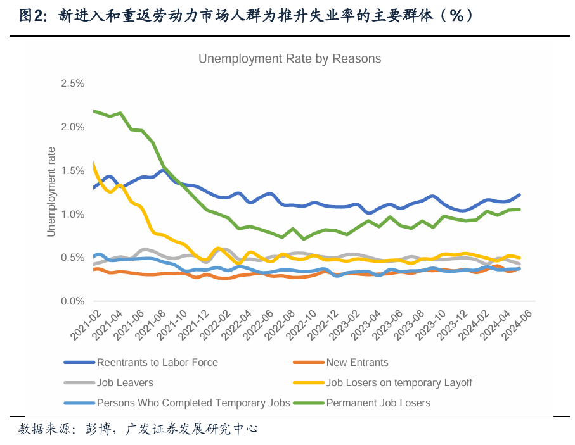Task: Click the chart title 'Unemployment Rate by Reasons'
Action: pos(290,59)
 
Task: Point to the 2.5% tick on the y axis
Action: pos(73,84)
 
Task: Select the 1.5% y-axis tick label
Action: pos(73,171)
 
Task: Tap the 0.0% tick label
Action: pos(73,301)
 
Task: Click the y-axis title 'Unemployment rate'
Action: pos(51,192)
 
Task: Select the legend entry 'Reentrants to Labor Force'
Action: pos(157,363)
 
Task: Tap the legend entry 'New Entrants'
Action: pos(357,363)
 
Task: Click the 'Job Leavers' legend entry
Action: pos(125,383)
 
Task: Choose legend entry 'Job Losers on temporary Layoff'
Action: pos(399,383)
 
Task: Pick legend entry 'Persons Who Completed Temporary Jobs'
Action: pos(193,403)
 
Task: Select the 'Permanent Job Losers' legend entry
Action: pos(378,403)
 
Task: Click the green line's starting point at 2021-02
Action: pos(94,111)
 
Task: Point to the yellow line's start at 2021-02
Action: pos(94,163)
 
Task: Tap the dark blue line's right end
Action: pos(520,195)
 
